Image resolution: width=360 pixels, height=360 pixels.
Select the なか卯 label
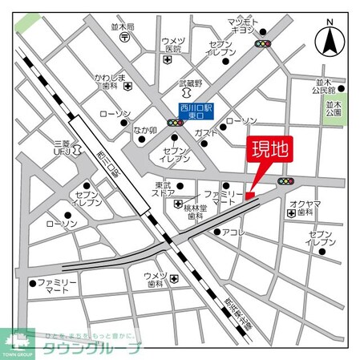coord(144,130)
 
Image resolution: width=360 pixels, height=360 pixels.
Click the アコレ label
coord(233,233)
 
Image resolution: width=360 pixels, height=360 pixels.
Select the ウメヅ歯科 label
coord(153,281)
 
